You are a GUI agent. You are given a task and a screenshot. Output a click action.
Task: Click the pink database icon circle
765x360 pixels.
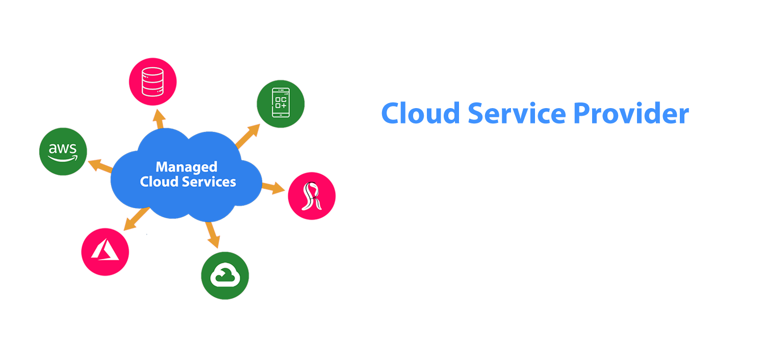[x=152, y=81]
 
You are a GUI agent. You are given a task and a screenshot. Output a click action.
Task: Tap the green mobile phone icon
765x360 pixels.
[x=280, y=102]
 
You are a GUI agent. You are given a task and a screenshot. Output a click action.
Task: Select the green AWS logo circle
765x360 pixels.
[x=63, y=151]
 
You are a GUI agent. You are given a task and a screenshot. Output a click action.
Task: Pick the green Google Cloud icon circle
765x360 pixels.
[x=225, y=276]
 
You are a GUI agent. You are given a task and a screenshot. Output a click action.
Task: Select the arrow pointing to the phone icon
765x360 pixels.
[x=248, y=136]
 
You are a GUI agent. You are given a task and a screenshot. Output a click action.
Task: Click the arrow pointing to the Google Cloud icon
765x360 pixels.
[x=213, y=234]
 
